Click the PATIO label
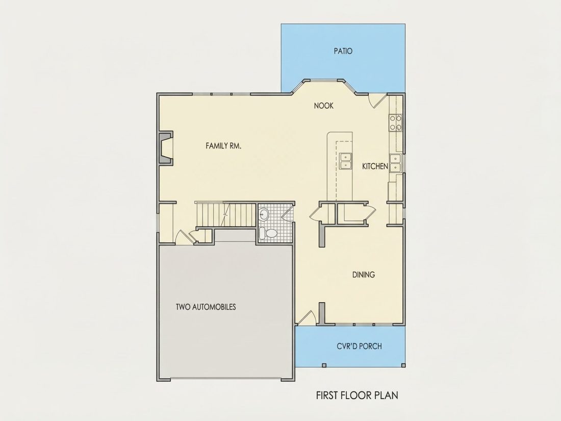pyautogui.click(x=343, y=51)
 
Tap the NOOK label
pyautogui.click(x=324, y=106)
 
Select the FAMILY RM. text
pyautogui.click(x=223, y=146)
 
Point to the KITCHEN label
pyautogui.click(x=375, y=166)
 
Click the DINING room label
pyautogui.click(x=364, y=275)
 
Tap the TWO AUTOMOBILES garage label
pyautogui.click(x=206, y=307)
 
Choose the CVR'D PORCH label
pyautogui.click(x=359, y=346)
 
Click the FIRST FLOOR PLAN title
pyautogui.click(x=357, y=395)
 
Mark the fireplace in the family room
pyautogui.click(x=166, y=148)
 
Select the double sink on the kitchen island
pyautogui.click(x=346, y=161)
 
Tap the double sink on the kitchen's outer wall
pyautogui.click(x=395, y=163)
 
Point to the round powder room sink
pyautogui.click(x=264, y=215)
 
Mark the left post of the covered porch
pyautogui.click(x=324, y=365)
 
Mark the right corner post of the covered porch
pyautogui.click(x=403, y=365)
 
